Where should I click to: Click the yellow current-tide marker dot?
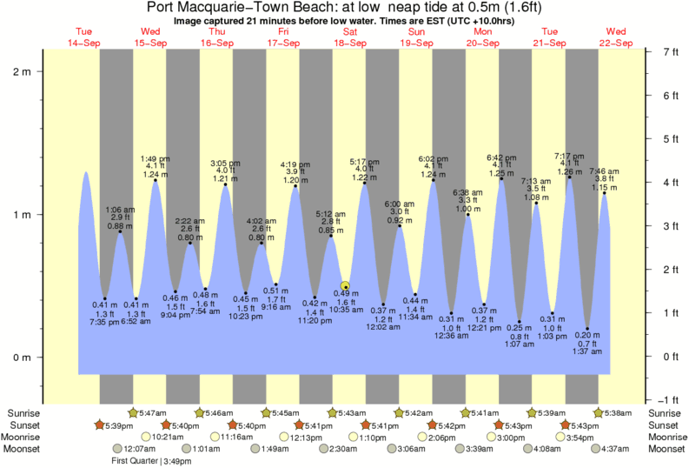coord(345,285)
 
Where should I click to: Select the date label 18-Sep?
coord(350,43)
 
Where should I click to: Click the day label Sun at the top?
coord(417,32)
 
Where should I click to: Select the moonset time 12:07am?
coord(131,449)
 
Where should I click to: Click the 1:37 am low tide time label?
coord(588,351)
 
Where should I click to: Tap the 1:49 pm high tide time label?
coord(156,157)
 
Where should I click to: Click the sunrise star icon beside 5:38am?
coord(599,412)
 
